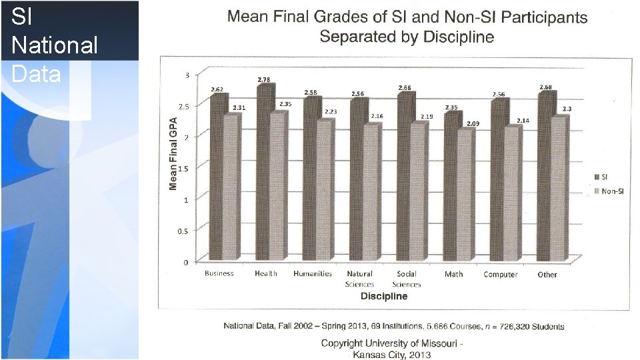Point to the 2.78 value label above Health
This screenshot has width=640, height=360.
[x=264, y=80]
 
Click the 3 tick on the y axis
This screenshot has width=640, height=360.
[x=186, y=74]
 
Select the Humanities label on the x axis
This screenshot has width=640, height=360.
[x=313, y=274]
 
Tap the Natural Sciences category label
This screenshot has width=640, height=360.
[x=359, y=279]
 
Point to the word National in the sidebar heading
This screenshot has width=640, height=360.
[x=55, y=45]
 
